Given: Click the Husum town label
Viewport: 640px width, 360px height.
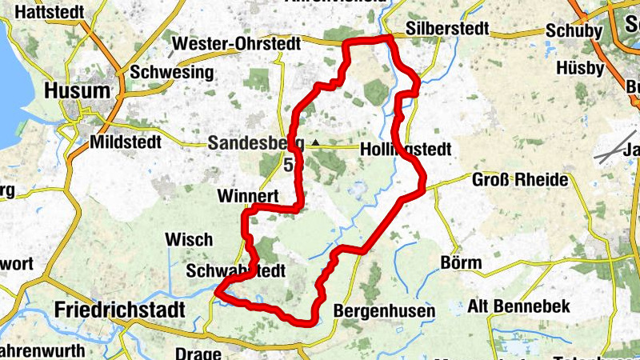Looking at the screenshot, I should coord(78,90).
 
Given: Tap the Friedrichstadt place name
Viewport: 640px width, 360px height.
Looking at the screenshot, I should coord(120,310).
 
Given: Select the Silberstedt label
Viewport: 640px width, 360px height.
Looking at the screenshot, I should coord(447,29).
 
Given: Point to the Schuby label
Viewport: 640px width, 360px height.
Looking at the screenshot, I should coord(574,30).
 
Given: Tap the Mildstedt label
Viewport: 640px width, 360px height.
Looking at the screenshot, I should coord(126,142).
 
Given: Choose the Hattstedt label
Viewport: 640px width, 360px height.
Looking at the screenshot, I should coord(50,13).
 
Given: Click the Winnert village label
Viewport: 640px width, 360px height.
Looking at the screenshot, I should coord(247,196).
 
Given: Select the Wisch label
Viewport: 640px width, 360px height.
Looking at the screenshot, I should coord(189,239).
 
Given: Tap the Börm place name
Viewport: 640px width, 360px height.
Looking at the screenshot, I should coord(462,262).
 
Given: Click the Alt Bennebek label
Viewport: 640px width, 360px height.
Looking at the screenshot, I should coord(530,306).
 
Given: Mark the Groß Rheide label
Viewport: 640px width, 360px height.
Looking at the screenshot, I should coord(520,179).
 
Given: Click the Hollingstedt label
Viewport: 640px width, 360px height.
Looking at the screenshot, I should coord(406,150).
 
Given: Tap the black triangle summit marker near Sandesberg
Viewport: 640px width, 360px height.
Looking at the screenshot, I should coord(315,143).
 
